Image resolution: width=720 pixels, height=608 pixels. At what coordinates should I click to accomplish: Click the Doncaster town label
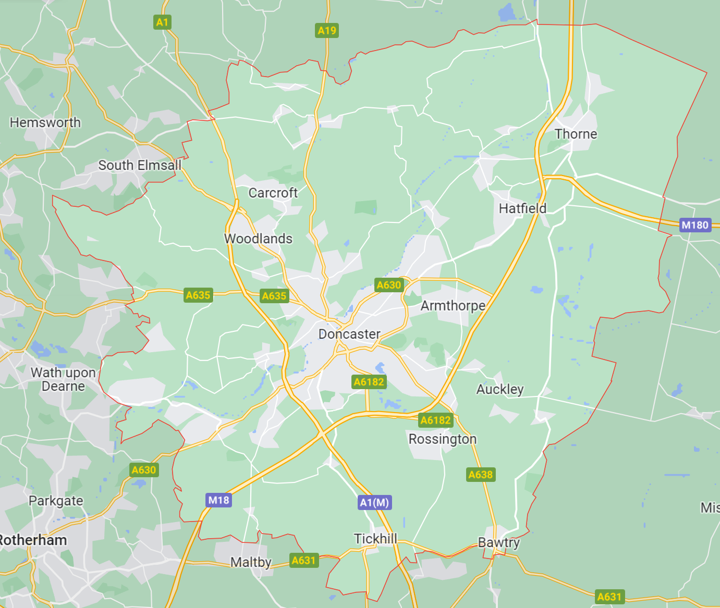pyautogui.click(x=349, y=334)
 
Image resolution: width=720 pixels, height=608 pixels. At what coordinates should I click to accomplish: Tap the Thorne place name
pyautogui.click(x=576, y=134)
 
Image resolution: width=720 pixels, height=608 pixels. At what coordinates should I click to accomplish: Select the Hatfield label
pyautogui.click(x=522, y=208)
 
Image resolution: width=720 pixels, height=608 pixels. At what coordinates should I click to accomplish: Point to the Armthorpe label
pyautogui.click(x=453, y=305)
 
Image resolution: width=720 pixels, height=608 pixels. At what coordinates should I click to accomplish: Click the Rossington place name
pyautogui.click(x=442, y=439)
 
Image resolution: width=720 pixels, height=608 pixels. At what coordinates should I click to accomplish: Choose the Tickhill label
pyautogui.click(x=375, y=539)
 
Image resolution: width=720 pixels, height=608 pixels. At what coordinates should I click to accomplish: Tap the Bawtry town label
pyautogui.click(x=499, y=542)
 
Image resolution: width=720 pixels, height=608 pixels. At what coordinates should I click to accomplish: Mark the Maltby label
pyautogui.click(x=251, y=562)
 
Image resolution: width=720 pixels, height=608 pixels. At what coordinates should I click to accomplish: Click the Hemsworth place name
pyautogui.click(x=45, y=122)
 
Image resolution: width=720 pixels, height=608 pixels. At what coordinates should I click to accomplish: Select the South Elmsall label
pyautogui.click(x=140, y=165)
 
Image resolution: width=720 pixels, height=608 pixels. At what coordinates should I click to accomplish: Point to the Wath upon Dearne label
pyautogui.click(x=63, y=379)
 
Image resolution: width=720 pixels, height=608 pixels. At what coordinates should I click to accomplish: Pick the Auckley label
pyautogui.click(x=499, y=389)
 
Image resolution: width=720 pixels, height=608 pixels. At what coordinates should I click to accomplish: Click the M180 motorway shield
pyautogui.click(x=695, y=225)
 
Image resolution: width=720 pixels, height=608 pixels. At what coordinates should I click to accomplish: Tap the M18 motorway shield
pyautogui.click(x=218, y=500)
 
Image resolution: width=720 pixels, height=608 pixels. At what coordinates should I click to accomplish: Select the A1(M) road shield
pyautogui.click(x=374, y=502)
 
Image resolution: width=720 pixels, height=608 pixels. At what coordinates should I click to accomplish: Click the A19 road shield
pyautogui.click(x=327, y=30)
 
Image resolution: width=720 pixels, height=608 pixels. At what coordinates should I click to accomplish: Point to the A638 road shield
pyautogui.click(x=480, y=475)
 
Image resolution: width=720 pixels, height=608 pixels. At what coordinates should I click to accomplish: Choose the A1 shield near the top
pyautogui.click(x=163, y=22)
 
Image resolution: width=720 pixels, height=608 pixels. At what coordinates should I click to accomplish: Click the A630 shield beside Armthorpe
pyautogui.click(x=389, y=285)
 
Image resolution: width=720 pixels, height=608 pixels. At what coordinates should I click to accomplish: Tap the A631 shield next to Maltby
pyautogui.click(x=303, y=560)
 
